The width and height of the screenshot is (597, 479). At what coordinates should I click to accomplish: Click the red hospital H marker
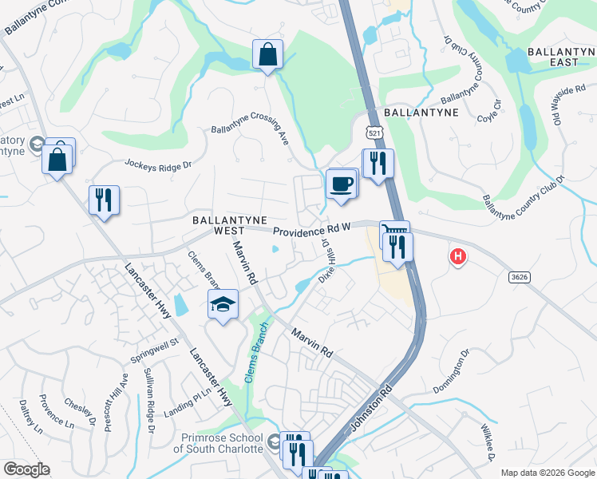(x=458, y=257)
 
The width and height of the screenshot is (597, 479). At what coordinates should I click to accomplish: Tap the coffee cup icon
(x=342, y=184)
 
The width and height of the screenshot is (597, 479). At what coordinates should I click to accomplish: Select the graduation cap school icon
(x=223, y=304)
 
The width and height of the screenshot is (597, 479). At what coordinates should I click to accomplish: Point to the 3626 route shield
(x=518, y=276)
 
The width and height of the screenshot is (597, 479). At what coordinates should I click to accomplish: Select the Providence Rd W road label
(x=312, y=230)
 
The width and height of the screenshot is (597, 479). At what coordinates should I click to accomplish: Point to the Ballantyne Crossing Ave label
(x=250, y=129)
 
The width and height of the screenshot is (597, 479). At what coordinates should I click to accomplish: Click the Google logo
(x=26, y=469)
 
